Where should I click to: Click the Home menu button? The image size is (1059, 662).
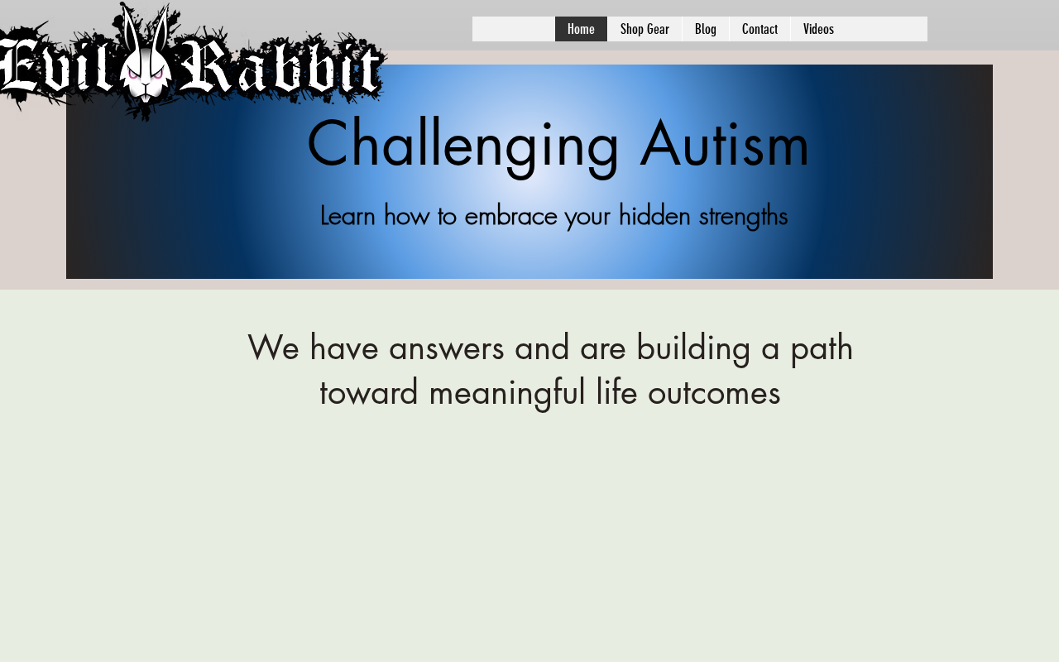pos(581,29)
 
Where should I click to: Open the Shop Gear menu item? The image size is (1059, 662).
pos(645,29)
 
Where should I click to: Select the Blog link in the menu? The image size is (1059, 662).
pos(706,29)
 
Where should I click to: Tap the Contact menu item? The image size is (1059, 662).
pos(760,29)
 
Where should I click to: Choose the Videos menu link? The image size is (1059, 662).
pos(818,29)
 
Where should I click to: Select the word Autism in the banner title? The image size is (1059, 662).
pos(724,144)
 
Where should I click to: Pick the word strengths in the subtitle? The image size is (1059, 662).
pos(743,217)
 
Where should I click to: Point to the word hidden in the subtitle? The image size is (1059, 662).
pos(654,216)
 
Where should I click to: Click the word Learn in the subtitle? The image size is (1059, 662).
pos(347,216)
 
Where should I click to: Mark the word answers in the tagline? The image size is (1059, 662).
pos(446,348)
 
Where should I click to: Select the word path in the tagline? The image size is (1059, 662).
pos(822,349)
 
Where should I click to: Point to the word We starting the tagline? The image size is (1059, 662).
pos(273,348)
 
